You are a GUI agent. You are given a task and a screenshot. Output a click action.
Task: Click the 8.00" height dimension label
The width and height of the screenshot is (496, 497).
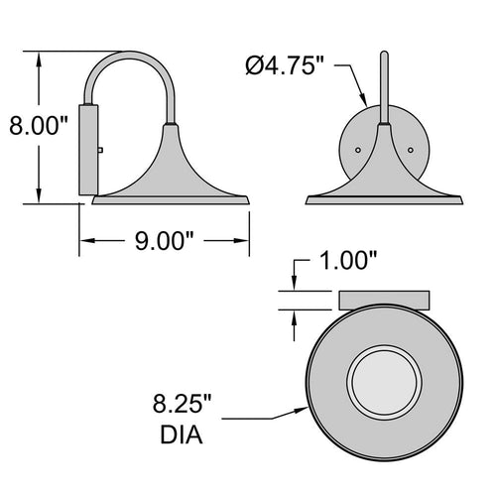(x=38, y=126)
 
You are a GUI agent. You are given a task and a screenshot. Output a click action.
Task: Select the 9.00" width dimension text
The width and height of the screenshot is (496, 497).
(x=165, y=241)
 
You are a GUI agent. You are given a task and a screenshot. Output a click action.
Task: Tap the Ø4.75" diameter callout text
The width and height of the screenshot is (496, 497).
(x=285, y=65)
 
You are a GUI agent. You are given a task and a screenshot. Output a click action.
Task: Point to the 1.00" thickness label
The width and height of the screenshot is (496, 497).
(x=348, y=260)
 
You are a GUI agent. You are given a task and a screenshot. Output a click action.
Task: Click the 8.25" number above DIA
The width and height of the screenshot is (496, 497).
(x=182, y=404)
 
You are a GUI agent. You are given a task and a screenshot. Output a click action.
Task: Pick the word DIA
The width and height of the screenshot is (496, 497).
(x=182, y=435)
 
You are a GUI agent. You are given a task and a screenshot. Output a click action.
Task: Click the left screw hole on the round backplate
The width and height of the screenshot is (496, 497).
(x=358, y=150)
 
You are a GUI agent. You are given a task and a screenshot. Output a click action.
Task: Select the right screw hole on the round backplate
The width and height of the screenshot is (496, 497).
(x=411, y=150)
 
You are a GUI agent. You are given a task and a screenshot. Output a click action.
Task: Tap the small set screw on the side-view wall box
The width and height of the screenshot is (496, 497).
(x=100, y=150)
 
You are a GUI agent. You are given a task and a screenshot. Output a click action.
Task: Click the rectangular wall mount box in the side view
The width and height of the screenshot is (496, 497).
(x=88, y=150)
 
